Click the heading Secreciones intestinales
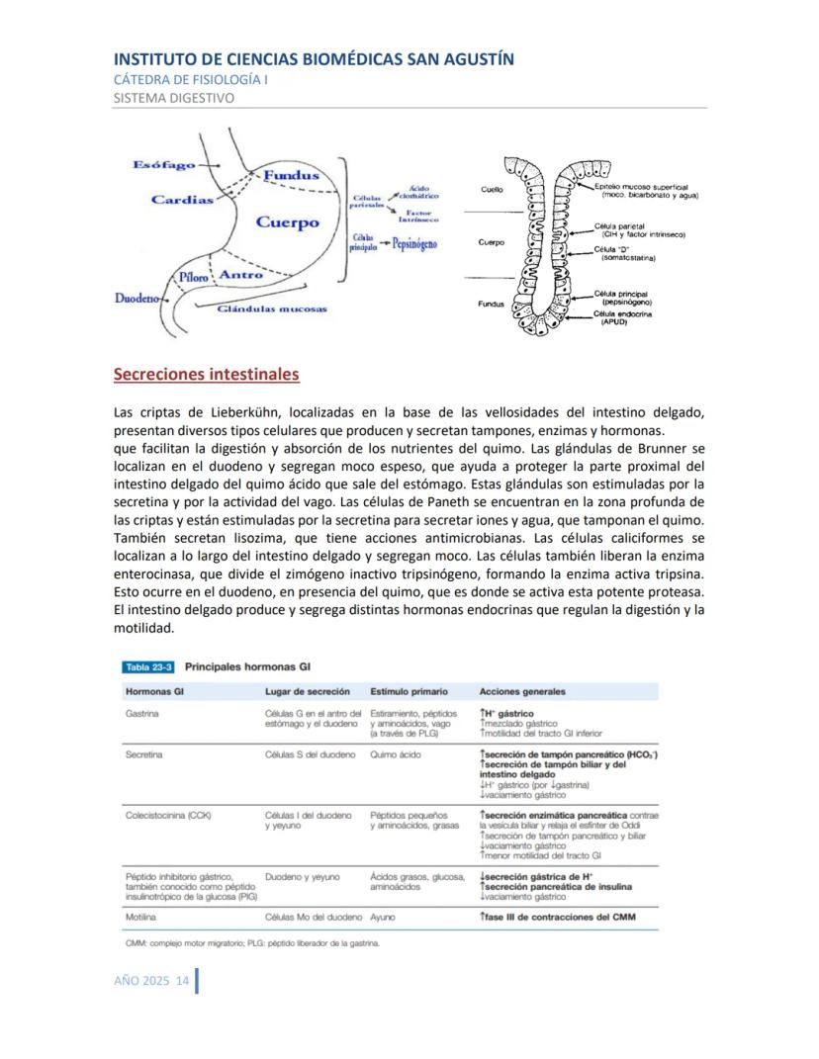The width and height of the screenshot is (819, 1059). [206, 375]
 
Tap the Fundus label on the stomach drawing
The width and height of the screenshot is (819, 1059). [289, 175]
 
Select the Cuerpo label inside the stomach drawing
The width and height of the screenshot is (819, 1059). [288, 221]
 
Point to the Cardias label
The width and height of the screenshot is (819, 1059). [182, 200]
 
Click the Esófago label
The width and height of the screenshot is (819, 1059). [163, 165]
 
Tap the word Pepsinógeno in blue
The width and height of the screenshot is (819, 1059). [414, 242]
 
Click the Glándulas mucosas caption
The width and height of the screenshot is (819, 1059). [271, 309]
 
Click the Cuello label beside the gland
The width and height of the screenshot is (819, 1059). [492, 188]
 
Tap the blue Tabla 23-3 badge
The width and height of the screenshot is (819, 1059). [146, 666]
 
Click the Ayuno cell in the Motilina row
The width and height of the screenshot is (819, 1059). [383, 917]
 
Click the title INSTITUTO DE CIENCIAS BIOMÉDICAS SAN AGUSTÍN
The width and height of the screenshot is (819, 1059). [314, 59]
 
